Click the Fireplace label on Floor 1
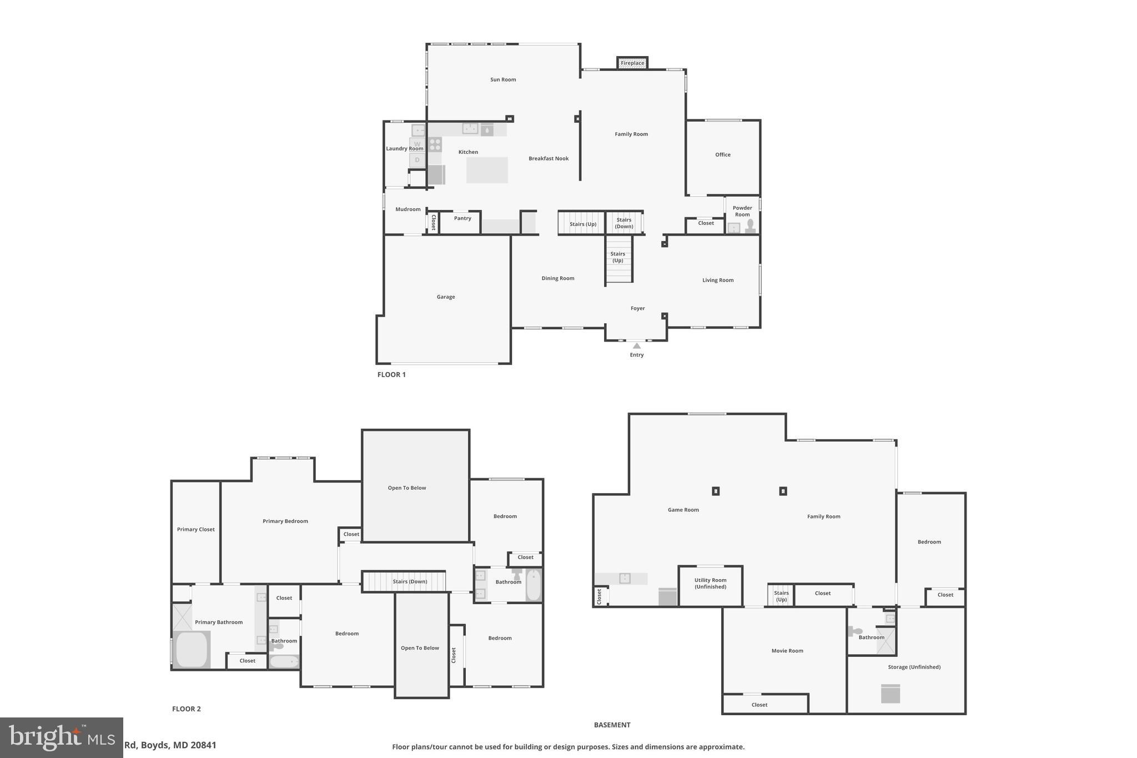pos(632,63)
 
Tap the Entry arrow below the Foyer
pos(637,346)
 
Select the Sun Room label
pos(503,79)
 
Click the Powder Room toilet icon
pos(750,225)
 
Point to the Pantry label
pos(462,218)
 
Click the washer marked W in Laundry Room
pos(417,144)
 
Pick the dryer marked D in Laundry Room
pos(417,160)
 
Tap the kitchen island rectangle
pos(487,170)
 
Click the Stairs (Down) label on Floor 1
pos(624,223)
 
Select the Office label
pos(723,155)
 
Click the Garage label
pos(446,297)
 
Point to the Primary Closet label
pos(195,529)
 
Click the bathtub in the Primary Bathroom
pos(192,649)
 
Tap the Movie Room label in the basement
pos(787,651)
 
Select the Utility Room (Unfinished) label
pos(710,584)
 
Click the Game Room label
pos(683,510)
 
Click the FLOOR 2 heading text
pos(187,709)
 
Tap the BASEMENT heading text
pos(612,725)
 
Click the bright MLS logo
pos(62,737)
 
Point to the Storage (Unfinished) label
pos(914,667)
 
